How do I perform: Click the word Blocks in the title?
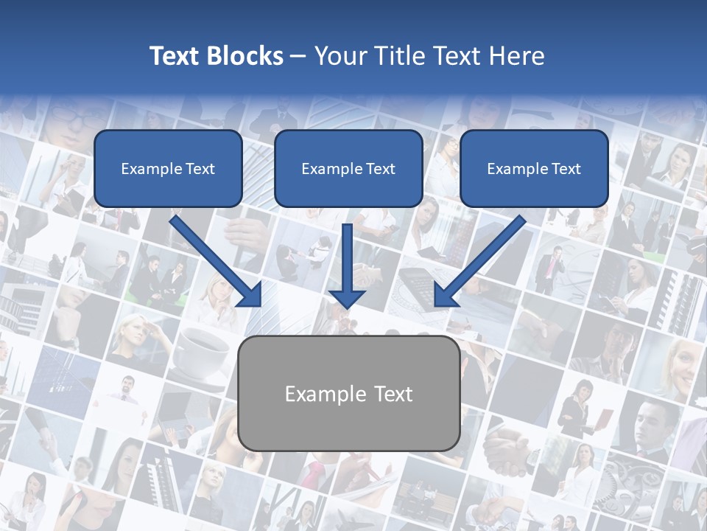[245, 56]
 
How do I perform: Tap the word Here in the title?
[516, 56]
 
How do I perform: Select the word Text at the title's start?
[175, 56]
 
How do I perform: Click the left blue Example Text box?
[168, 168]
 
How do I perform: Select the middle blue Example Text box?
[348, 168]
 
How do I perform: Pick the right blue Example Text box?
[534, 168]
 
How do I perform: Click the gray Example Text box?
[348, 393]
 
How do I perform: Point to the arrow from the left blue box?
[218, 262]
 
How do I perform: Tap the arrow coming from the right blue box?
[479, 262]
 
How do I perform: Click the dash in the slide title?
[298, 56]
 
